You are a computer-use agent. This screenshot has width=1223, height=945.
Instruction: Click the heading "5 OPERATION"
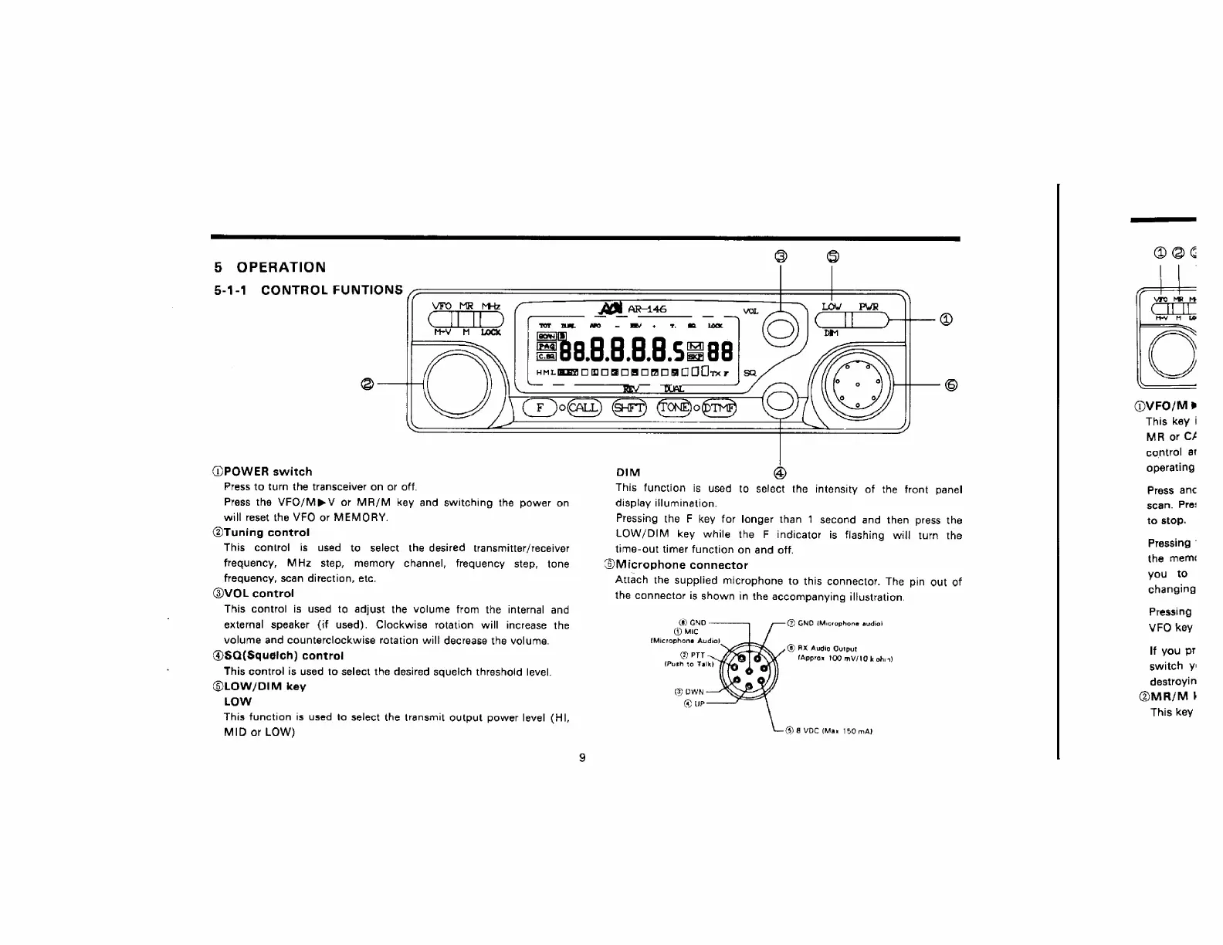[269, 267]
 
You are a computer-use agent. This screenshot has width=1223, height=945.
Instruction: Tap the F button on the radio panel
[540, 408]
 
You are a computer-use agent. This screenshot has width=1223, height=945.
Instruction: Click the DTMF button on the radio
[719, 408]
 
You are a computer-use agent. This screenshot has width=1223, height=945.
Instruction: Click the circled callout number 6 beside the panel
[950, 384]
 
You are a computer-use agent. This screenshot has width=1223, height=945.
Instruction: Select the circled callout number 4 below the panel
[780, 472]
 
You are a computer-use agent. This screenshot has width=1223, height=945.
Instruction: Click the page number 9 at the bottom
[582, 757]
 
